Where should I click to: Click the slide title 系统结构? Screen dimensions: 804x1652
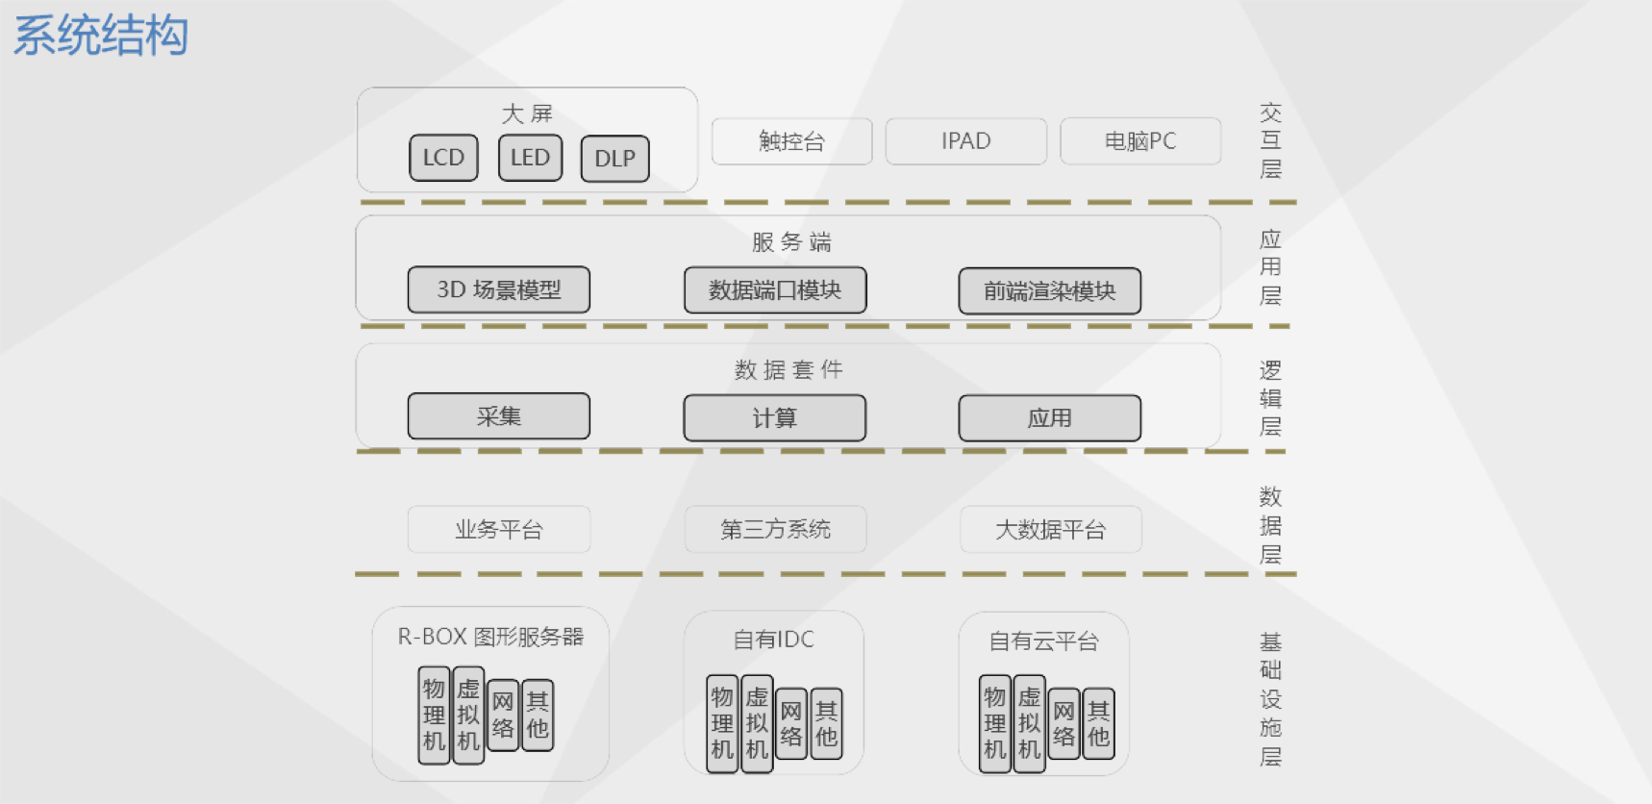pyautogui.click(x=101, y=37)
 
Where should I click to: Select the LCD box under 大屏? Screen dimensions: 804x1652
pyautogui.click(x=443, y=158)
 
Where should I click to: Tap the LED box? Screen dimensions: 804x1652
pyautogui.click(x=530, y=158)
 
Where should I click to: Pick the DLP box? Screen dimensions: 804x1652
pyautogui.click(x=614, y=159)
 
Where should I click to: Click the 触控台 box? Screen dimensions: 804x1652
pyautogui.click(x=791, y=141)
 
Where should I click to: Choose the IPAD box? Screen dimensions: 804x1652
pyautogui.click(x=965, y=141)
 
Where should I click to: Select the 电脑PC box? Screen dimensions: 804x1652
pyautogui.click(x=1140, y=141)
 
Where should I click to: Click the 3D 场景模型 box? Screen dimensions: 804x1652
pyautogui.click(x=499, y=289)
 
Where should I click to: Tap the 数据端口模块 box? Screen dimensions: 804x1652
pyautogui.click(x=775, y=290)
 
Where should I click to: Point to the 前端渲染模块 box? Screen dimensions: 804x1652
pyautogui.click(x=1050, y=291)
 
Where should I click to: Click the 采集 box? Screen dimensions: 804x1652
pyautogui.click(x=499, y=416)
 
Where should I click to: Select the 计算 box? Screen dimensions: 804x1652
pyautogui.click(x=775, y=418)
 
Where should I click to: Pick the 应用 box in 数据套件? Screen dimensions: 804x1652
pyautogui.click(x=1050, y=418)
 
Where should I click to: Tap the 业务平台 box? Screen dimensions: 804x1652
pyautogui.click(x=499, y=530)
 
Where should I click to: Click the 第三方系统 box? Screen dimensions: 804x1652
pyautogui.click(x=775, y=530)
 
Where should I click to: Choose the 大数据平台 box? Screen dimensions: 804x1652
pyautogui.click(x=1050, y=530)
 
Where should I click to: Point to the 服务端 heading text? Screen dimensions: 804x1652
pyautogui.click(x=790, y=242)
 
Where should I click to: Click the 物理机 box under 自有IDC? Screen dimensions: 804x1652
pyautogui.click(x=722, y=723)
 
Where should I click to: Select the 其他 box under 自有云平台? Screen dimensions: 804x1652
pyautogui.click(x=1098, y=724)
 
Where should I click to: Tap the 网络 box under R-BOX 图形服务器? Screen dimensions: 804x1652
pyautogui.click(x=503, y=716)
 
